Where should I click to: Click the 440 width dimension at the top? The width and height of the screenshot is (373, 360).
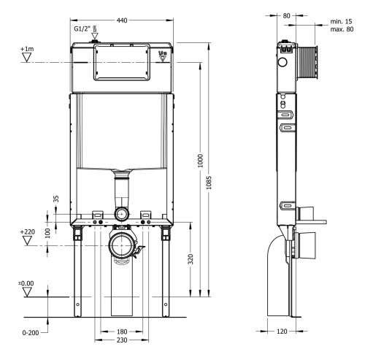coord(123,20)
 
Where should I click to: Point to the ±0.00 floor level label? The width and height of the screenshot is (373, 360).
coord(26,282)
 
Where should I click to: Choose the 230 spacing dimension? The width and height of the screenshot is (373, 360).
coord(121,342)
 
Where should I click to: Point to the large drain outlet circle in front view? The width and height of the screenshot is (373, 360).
coord(121,244)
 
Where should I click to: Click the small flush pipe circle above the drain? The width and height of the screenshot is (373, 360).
coord(121,213)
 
